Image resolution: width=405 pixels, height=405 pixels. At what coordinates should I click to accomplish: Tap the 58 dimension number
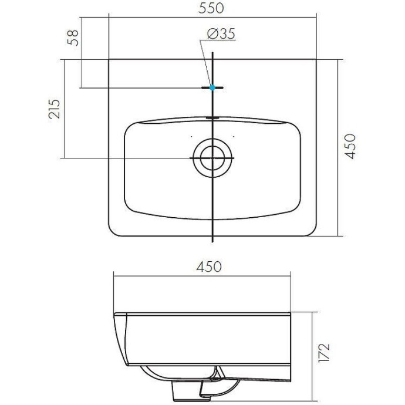(x=73, y=39)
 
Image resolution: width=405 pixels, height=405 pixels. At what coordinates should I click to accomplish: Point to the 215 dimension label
(x=54, y=109)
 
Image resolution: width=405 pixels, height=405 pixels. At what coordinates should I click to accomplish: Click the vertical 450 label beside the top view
(x=350, y=146)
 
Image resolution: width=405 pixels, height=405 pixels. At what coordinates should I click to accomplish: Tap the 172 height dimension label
(x=325, y=353)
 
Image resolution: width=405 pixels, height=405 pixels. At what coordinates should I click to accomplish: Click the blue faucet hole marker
(x=212, y=87)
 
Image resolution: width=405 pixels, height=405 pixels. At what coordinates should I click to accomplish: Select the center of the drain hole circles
(x=212, y=158)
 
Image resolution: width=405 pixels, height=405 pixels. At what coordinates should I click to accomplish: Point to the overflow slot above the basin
(x=212, y=118)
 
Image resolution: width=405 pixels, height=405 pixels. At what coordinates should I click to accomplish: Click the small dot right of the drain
(x=234, y=136)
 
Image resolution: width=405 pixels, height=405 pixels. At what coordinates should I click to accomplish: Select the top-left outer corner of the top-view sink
(x=110, y=59)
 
